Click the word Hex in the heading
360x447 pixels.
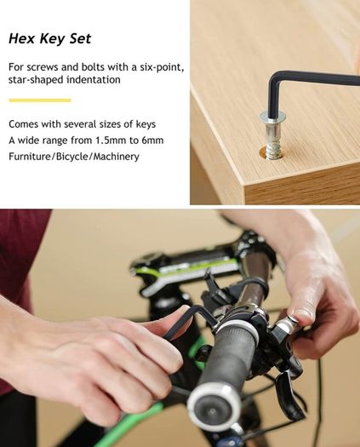(21, 38)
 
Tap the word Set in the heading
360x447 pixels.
(80, 38)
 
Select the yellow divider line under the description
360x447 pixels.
(40, 100)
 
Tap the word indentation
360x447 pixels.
(94, 79)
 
